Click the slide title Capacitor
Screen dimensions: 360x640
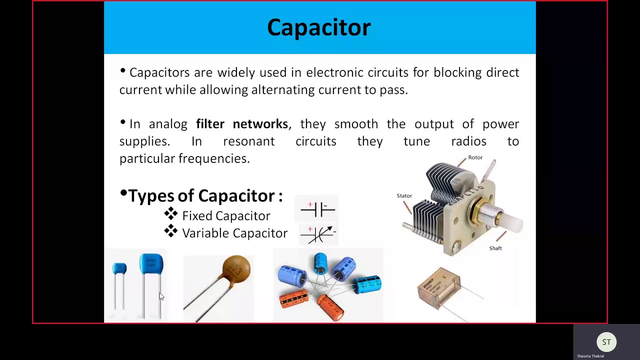(x=319, y=27)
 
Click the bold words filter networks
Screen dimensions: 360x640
(x=242, y=124)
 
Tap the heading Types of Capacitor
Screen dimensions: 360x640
(x=205, y=195)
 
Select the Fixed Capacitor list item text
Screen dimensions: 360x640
(x=226, y=216)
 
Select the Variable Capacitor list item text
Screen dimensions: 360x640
(x=234, y=233)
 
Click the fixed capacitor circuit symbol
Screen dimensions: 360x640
(x=317, y=209)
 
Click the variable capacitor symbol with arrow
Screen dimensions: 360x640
(x=318, y=233)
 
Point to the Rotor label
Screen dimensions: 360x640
(x=475, y=157)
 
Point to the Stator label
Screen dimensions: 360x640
(x=404, y=196)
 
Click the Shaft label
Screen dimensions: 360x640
(x=495, y=248)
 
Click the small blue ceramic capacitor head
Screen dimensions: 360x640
(x=119, y=268)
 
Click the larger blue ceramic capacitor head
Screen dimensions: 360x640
(x=151, y=263)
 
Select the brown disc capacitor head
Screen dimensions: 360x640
(x=236, y=269)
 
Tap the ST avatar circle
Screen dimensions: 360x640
(x=606, y=342)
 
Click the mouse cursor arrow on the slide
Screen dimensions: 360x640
(x=161, y=296)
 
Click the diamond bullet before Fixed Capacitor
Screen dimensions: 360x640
(x=170, y=214)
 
